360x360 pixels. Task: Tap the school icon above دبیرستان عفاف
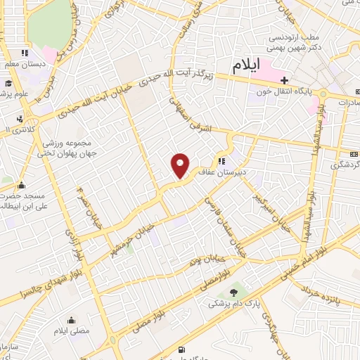[x=232, y=159]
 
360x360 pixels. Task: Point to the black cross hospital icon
[x=284, y=79]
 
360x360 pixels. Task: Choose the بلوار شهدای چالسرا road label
[x=43, y=279]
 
